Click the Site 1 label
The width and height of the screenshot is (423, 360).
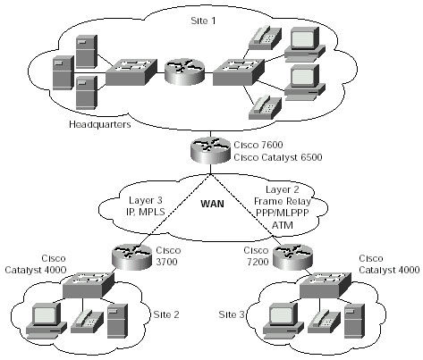point(203,21)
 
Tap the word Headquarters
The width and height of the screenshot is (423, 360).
point(100,124)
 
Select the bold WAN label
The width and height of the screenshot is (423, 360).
point(212,204)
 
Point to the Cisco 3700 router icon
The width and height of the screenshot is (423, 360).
point(131,256)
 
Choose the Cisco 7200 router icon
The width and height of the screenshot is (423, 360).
point(293,256)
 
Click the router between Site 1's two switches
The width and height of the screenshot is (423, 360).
point(185,71)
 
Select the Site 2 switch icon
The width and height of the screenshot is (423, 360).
point(89,285)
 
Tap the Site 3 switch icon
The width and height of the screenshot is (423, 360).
point(326,285)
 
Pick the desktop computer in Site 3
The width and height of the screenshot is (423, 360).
point(283,321)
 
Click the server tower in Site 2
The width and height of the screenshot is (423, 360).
point(117,321)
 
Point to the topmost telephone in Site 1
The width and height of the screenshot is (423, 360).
point(265,38)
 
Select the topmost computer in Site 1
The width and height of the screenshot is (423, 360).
point(304,44)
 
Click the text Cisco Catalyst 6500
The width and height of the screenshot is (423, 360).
point(278,157)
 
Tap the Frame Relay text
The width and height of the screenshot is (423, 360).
point(283,201)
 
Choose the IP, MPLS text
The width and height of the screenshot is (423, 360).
point(146,212)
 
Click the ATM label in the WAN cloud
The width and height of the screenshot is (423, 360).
point(283,225)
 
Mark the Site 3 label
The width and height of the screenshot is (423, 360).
point(232,314)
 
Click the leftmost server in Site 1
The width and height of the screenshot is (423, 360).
point(63,72)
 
